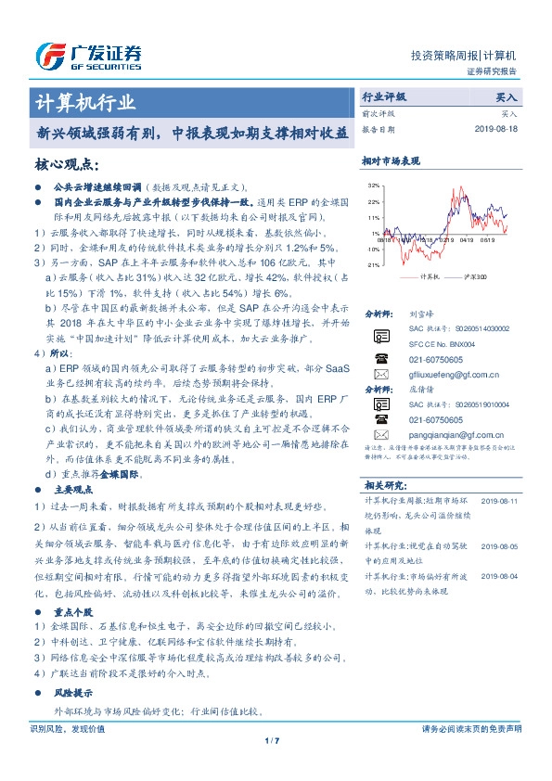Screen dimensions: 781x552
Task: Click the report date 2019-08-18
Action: click(x=494, y=130)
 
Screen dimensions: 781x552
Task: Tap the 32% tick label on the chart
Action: click(x=374, y=186)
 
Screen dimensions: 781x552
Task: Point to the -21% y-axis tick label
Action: click(x=373, y=264)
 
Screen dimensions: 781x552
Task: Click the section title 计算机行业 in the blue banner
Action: click(x=84, y=101)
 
